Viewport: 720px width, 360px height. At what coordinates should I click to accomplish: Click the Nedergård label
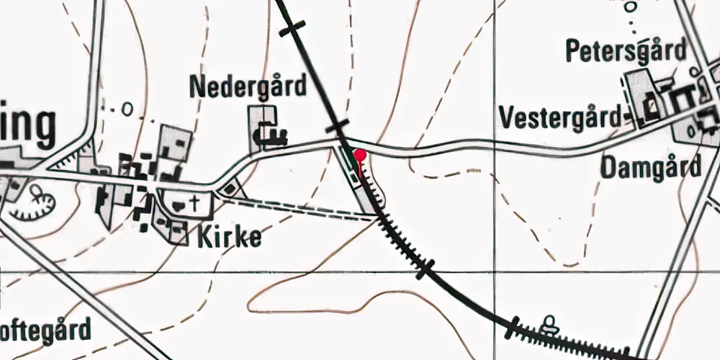[x=247, y=86]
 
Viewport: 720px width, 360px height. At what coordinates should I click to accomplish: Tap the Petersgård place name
[x=626, y=51]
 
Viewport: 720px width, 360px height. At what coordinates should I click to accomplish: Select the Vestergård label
[x=560, y=117]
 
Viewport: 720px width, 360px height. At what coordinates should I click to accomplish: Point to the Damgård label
[x=650, y=168]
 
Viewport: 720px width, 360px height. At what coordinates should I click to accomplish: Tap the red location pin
[x=359, y=154]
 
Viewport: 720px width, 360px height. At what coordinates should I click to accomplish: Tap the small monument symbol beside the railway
[x=551, y=324]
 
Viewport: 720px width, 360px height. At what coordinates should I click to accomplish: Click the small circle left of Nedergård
[x=127, y=110]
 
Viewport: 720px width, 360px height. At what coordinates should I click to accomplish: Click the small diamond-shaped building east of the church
[x=229, y=189]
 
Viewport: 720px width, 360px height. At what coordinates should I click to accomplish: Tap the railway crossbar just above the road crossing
[x=336, y=128]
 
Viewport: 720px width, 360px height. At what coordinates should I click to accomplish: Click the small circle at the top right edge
[x=631, y=7]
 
